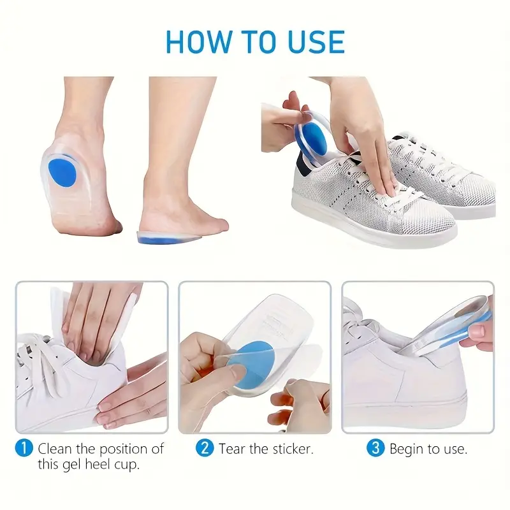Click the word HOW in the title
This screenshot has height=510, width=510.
pyautogui.click(x=198, y=41)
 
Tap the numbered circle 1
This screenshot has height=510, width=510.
pyautogui.click(x=24, y=448)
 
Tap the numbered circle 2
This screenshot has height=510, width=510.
pyautogui.click(x=205, y=448)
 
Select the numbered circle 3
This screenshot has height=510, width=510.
pyautogui.click(x=375, y=448)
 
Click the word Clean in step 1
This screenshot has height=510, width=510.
pyautogui.click(x=55, y=449)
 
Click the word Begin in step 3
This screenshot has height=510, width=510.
pyautogui.click(x=407, y=450)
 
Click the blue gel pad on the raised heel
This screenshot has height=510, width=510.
pyautogui.click(x=62, y=171)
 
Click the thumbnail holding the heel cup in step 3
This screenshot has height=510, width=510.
pyautogui.click(x=477, y=332)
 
